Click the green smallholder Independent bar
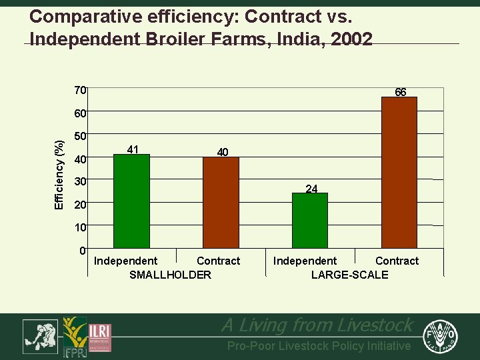click(x=131, y=201)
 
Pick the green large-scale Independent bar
click(x=310, y=220)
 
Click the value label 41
click(x=133, y=149)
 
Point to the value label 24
click(x=311, y=189)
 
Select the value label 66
click(x=401, y=92)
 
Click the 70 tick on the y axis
click(x=80, y=90)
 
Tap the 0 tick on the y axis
click(x=82, y=251)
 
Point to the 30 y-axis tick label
click(x=80, y=181)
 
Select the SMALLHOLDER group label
click(x=170, y=275)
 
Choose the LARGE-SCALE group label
click(x=349, y=275)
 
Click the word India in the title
click(x=299, y=39)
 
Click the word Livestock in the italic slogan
click(x=373, y=325)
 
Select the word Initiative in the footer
click(x=389, y=346)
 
